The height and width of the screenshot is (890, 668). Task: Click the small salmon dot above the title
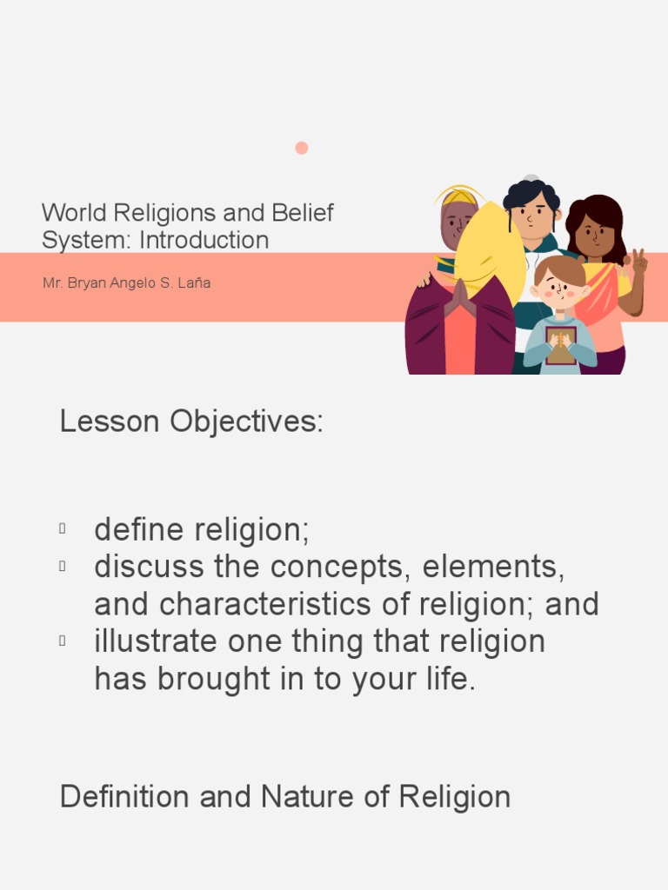pyautogui.click(x=302, y=148)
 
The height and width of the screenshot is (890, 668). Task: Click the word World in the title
pyautogui.click(x=70, y=213)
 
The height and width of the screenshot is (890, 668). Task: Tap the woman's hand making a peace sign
pyautogui.click(x=639, y=262)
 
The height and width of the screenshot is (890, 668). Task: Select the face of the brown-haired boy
pyautogui.click(x=559, y=288)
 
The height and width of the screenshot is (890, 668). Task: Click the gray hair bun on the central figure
pyautogui.click(x=531, y=179)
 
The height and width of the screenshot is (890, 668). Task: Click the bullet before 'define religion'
pyautogui.click(x=63, y=528)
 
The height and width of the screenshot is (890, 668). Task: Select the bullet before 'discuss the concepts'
pyautogui.click(x=63, y=566)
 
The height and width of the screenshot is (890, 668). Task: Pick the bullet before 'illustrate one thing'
pyautogui.click(x=63, y=641)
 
